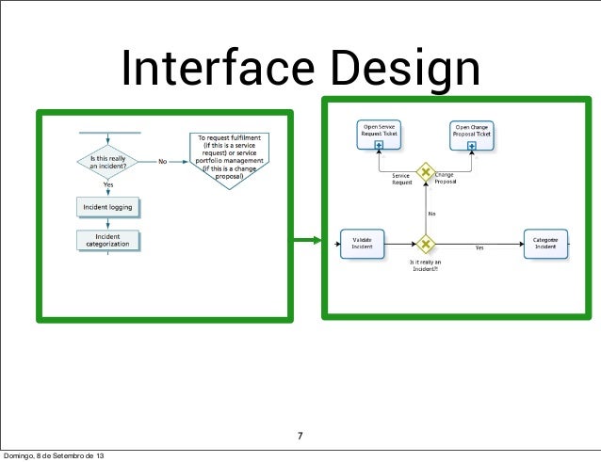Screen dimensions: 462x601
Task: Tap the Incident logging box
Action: point(109,204)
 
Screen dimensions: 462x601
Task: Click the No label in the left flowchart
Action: point(163,161)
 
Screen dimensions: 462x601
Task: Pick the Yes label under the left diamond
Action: point(109,184)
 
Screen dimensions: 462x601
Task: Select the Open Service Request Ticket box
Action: point(378,131)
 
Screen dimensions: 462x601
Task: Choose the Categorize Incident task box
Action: point(544,244)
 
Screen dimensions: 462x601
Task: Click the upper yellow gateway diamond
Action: point(426,172)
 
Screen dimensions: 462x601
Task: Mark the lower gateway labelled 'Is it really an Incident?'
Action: point(426,245)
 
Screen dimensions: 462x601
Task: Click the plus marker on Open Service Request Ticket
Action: point(379,147)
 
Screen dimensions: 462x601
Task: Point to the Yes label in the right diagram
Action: point(479,248)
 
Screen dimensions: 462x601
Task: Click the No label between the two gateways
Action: point(431,214)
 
